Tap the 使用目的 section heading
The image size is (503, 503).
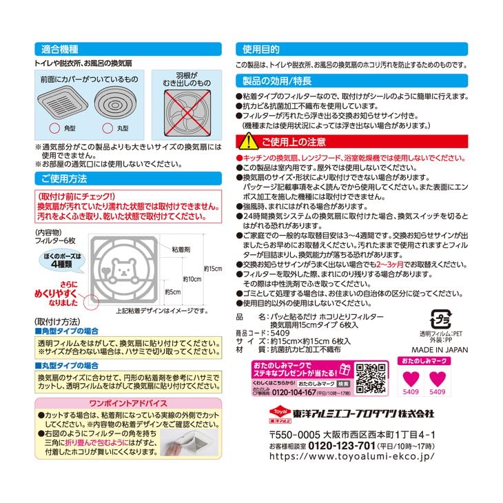tap(260, 49)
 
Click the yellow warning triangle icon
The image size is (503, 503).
tap(246, 143)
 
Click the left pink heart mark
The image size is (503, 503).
tap(411, 378)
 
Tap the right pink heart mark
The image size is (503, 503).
tap(438, 378)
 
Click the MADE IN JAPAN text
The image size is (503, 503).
tap(439, 349)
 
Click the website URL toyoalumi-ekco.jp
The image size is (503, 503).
tap(351, 456)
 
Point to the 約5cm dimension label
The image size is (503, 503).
tap(173, 292)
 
